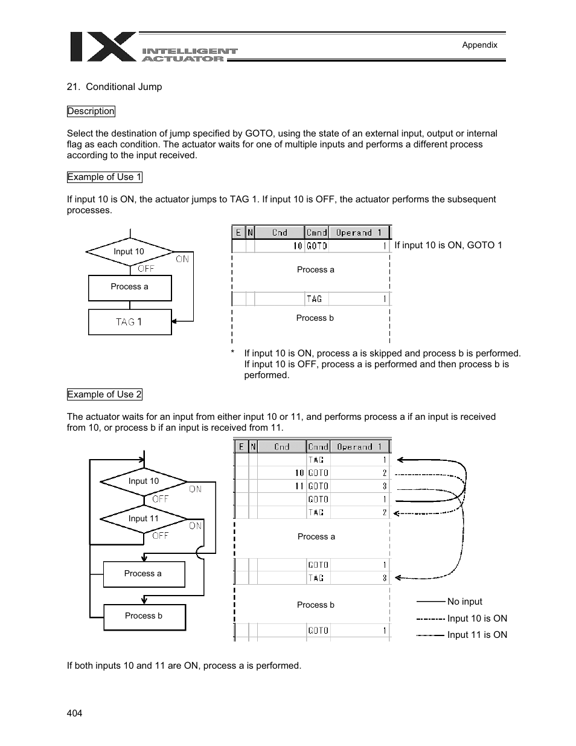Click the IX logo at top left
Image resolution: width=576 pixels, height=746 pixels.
coord(103,47)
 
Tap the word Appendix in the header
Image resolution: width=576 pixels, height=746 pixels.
coord(479,45)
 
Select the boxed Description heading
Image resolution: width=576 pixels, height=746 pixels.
coord(91,111)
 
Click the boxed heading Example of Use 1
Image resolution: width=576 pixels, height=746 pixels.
coord(104,177)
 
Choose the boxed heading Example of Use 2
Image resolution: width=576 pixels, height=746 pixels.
coord(104,394)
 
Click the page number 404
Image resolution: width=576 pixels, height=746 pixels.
coord(74,713)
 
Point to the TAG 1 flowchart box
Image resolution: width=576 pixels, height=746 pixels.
coord(130,322)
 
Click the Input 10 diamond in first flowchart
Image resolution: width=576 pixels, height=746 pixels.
coord(129,251)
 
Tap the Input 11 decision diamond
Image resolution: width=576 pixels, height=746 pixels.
coord(144,518)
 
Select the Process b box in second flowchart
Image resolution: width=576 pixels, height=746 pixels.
coord(144,616)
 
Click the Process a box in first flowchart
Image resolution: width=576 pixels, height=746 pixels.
coord(130,287)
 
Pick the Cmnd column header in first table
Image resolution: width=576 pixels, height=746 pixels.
coord(316,233)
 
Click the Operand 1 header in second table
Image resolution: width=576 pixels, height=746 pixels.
coord(359,447)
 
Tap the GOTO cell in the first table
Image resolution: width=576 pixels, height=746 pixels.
coord(317,246)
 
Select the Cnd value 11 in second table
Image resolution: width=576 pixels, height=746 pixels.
coord(299,486)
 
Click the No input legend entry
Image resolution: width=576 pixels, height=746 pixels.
coord(464,602)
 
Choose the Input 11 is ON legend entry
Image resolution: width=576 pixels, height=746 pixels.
coord(476,635)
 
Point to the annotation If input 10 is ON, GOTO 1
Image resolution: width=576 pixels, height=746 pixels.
coord(448,245)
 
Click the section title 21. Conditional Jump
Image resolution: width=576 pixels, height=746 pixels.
coord(115,87)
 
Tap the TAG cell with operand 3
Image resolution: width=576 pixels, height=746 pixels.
coord(316,578)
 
